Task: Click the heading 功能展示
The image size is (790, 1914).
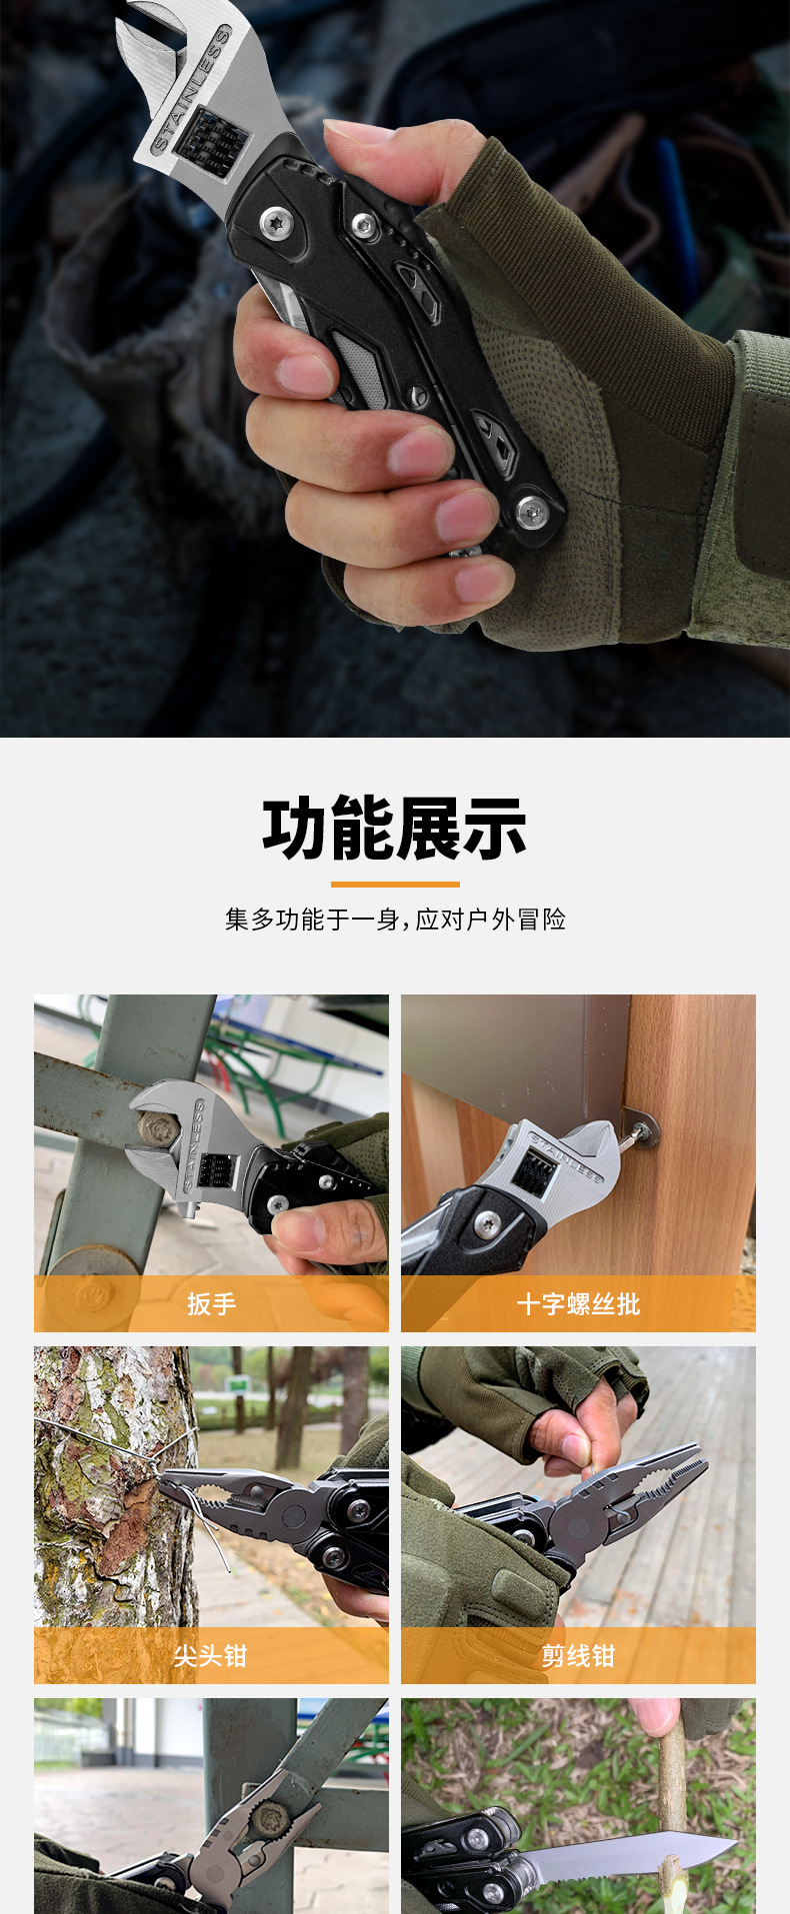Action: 395,829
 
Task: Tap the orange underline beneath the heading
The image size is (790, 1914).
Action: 395,884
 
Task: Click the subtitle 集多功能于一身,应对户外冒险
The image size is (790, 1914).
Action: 395,920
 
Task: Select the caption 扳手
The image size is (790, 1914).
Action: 211,1303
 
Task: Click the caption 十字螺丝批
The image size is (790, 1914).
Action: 578,1303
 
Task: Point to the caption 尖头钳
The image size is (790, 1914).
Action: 210,1656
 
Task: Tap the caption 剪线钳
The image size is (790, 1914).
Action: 578,1656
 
